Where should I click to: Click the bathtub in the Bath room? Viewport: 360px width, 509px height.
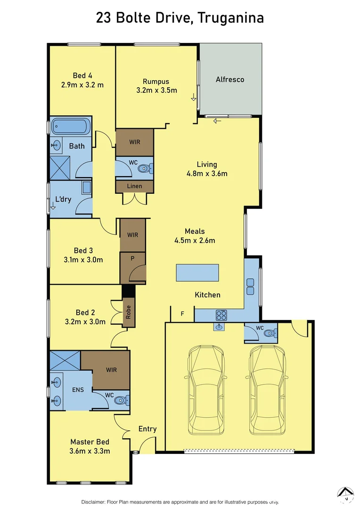coord(70,126)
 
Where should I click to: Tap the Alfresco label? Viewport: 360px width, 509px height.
coord(230,79)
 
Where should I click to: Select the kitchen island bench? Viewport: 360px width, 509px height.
coord(197,273)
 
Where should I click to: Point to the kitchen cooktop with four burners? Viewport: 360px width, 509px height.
coord(221,315)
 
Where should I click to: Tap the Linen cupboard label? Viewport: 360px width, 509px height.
coord(135,186)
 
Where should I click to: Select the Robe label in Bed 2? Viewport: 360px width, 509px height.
coord(128,312)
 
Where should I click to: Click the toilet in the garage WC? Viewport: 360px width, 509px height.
coord(269,333)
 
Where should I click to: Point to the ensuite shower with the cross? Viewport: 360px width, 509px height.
coord(65,360)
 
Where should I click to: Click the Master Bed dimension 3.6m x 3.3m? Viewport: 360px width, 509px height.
coord(90,451)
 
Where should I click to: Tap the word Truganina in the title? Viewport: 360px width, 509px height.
coord(230,18)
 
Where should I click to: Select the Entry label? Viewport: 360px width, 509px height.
coord(147,429)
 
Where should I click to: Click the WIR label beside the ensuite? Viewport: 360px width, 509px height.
coord(111,370)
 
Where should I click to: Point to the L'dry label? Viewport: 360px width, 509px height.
coord(63,199)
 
